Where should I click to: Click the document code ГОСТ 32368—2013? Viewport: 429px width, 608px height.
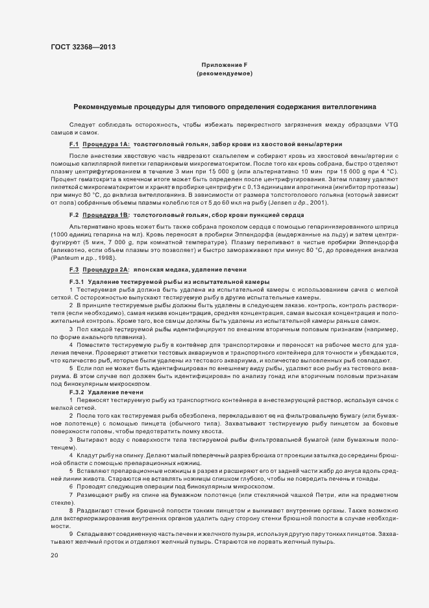tap(83, 47)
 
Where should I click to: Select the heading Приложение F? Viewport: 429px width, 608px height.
tap(224, 66)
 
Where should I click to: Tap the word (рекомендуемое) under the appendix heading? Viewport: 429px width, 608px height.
tap(224, 75)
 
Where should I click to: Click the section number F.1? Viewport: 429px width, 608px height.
tap(74, 144)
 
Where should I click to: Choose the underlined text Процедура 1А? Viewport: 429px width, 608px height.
tap(106, 144)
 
